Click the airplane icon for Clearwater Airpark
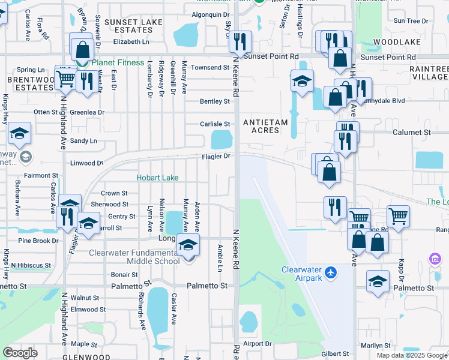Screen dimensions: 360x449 click(x=330, y=273)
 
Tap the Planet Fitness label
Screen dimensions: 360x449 click(x=118, y=63)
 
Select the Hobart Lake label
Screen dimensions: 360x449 click(x=157, y=178)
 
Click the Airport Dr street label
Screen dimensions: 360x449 click(x=258, y=344)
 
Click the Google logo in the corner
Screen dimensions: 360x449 click(x=20, y=353)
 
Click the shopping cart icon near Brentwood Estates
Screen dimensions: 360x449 click(x=65, y=77)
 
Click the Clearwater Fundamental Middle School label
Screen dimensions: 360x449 click(x=134, y=257)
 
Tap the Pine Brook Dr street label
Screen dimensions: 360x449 click(x=38, y=241)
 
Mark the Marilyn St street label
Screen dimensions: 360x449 click(x=375, y=345)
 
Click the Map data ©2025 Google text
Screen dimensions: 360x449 click(x=412, y=355)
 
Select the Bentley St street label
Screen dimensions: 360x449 click(x=215, y=101)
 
